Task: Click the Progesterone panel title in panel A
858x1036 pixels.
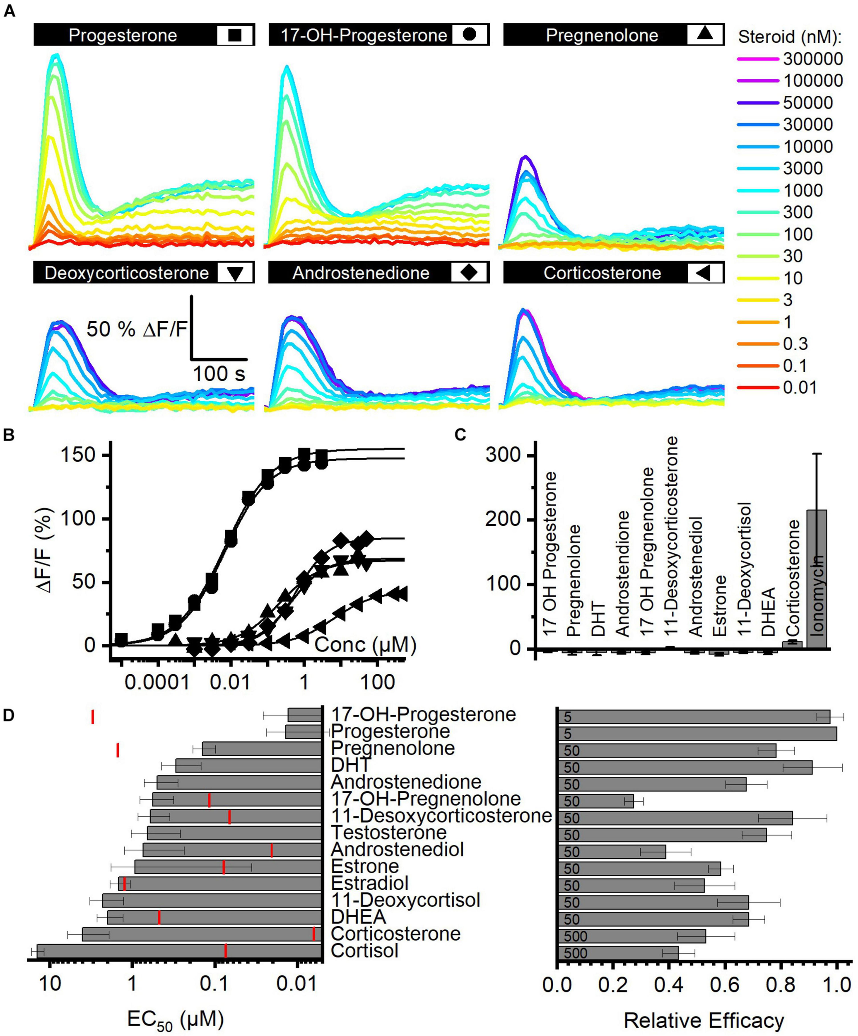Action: pos(123,35)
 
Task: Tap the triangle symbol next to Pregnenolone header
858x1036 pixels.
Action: pos(705,34)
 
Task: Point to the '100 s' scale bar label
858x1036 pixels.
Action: pos(219,374)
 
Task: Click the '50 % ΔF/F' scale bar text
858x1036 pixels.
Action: pos(137,329)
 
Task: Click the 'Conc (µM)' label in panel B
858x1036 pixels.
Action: pos(365,645)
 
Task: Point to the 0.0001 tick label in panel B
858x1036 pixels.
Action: pos(157,683)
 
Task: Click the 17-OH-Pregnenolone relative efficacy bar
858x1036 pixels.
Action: pos(595,801)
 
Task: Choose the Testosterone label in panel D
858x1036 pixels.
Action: pos(388,833)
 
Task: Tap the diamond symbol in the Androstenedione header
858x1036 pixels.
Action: pos(469,272)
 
